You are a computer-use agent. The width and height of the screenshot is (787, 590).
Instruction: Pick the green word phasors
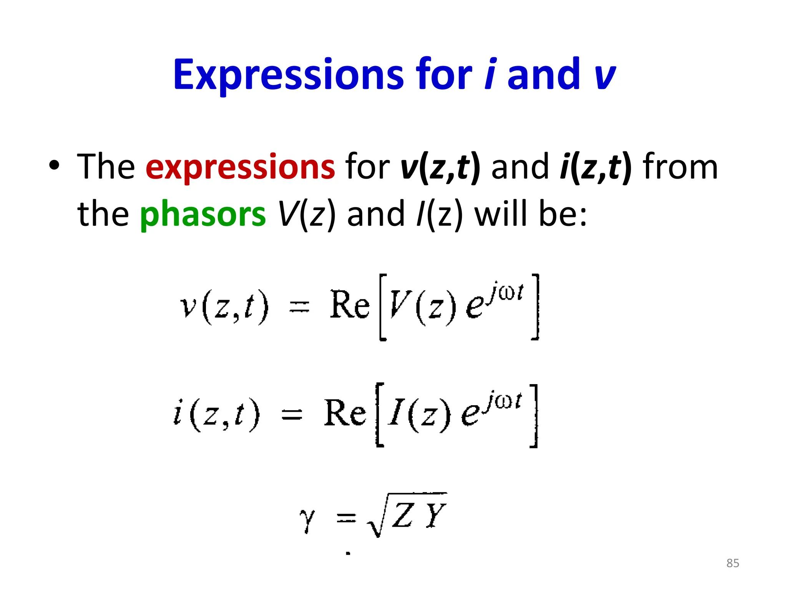point(203,214)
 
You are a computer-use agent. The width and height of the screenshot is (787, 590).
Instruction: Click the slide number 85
point(732,563)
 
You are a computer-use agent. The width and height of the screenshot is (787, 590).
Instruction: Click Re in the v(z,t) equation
point(349,305)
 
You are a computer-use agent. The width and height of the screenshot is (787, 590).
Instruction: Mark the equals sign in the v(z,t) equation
point(299,307)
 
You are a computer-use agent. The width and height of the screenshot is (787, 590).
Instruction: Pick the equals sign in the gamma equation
point(346,519)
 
